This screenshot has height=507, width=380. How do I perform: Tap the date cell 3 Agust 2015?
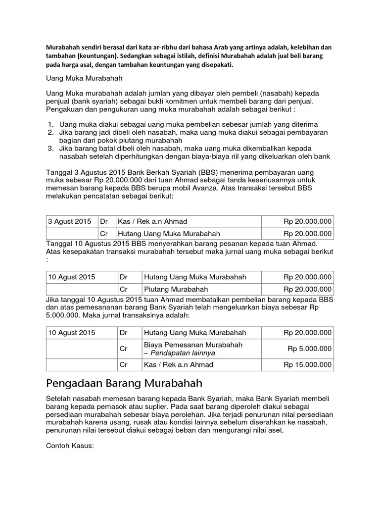[x=70, y=221]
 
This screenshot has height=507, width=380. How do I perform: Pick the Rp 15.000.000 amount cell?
[x=307, y=365]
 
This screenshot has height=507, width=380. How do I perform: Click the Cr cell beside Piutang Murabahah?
[x=125, y=289]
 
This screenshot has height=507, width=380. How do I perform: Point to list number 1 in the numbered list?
[x=50, y=124]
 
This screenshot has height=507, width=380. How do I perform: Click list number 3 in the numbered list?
[x=50, y=148]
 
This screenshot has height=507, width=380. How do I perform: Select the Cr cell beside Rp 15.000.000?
[x=125, y=365]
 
